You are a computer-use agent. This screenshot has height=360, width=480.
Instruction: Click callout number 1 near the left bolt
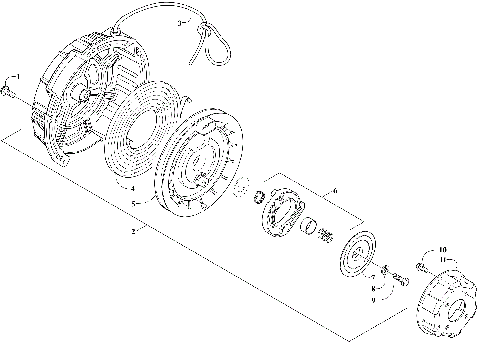[15, 77]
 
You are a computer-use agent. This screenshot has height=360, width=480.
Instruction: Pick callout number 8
[373, 288]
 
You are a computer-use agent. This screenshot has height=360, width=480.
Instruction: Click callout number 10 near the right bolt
[443, 250]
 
